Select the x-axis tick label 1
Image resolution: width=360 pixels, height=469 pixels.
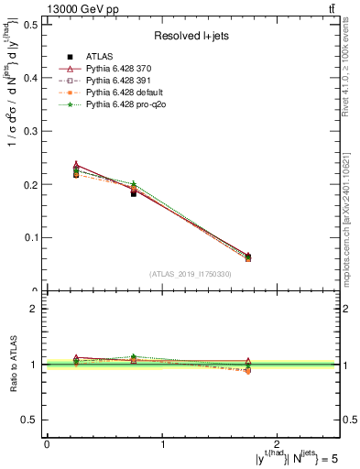coord(163,443)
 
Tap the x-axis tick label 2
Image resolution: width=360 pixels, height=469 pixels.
coord(279,443)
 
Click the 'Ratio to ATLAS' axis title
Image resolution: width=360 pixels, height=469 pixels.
coord(13,365)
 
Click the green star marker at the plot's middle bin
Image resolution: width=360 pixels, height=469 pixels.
coord(134,185)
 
